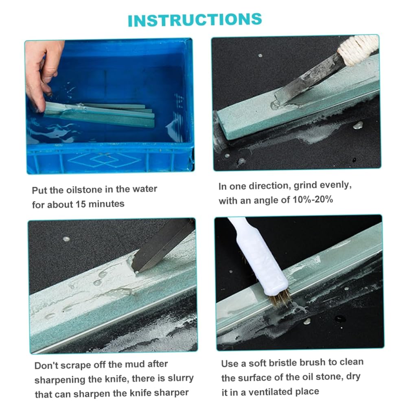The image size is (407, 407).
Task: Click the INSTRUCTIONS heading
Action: pyautogui.click(x=195, y=20)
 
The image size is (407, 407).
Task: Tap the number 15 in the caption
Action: pyautogui.click(x=81, y=204)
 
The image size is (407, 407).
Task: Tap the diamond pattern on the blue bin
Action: pyautogui.click(x=104, y=160)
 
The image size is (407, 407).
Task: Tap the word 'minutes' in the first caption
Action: pyautogui.click(x=106, y=204)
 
